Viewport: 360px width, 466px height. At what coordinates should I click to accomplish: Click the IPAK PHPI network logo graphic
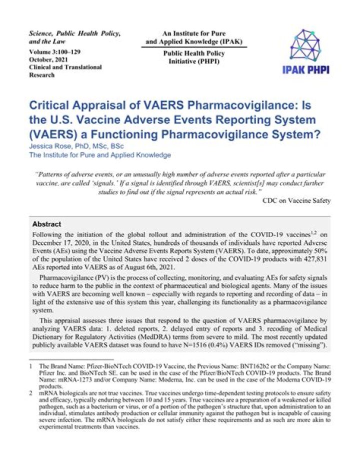[308, 46]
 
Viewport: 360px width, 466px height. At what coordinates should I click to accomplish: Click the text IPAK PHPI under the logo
[308, 70]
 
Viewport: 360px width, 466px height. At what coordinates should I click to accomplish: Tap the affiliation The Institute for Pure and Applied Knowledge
[100, 155]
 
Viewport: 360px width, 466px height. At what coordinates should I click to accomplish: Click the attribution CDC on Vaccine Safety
[296, 201]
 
